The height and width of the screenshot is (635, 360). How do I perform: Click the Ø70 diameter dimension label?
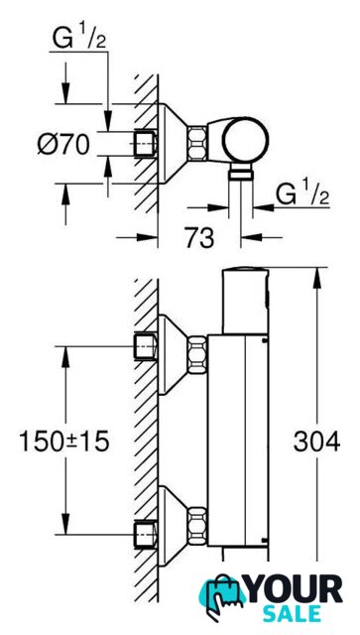pos(63,144)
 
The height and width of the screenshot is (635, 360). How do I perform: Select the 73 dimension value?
pos(199,238)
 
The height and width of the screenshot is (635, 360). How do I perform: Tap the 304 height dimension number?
pos(316,442)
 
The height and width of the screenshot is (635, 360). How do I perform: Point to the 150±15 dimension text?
pos(64,442)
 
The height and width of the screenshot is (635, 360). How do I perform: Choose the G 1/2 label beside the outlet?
pos(302,194)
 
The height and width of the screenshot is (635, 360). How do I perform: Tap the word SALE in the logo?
pos(292,613)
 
